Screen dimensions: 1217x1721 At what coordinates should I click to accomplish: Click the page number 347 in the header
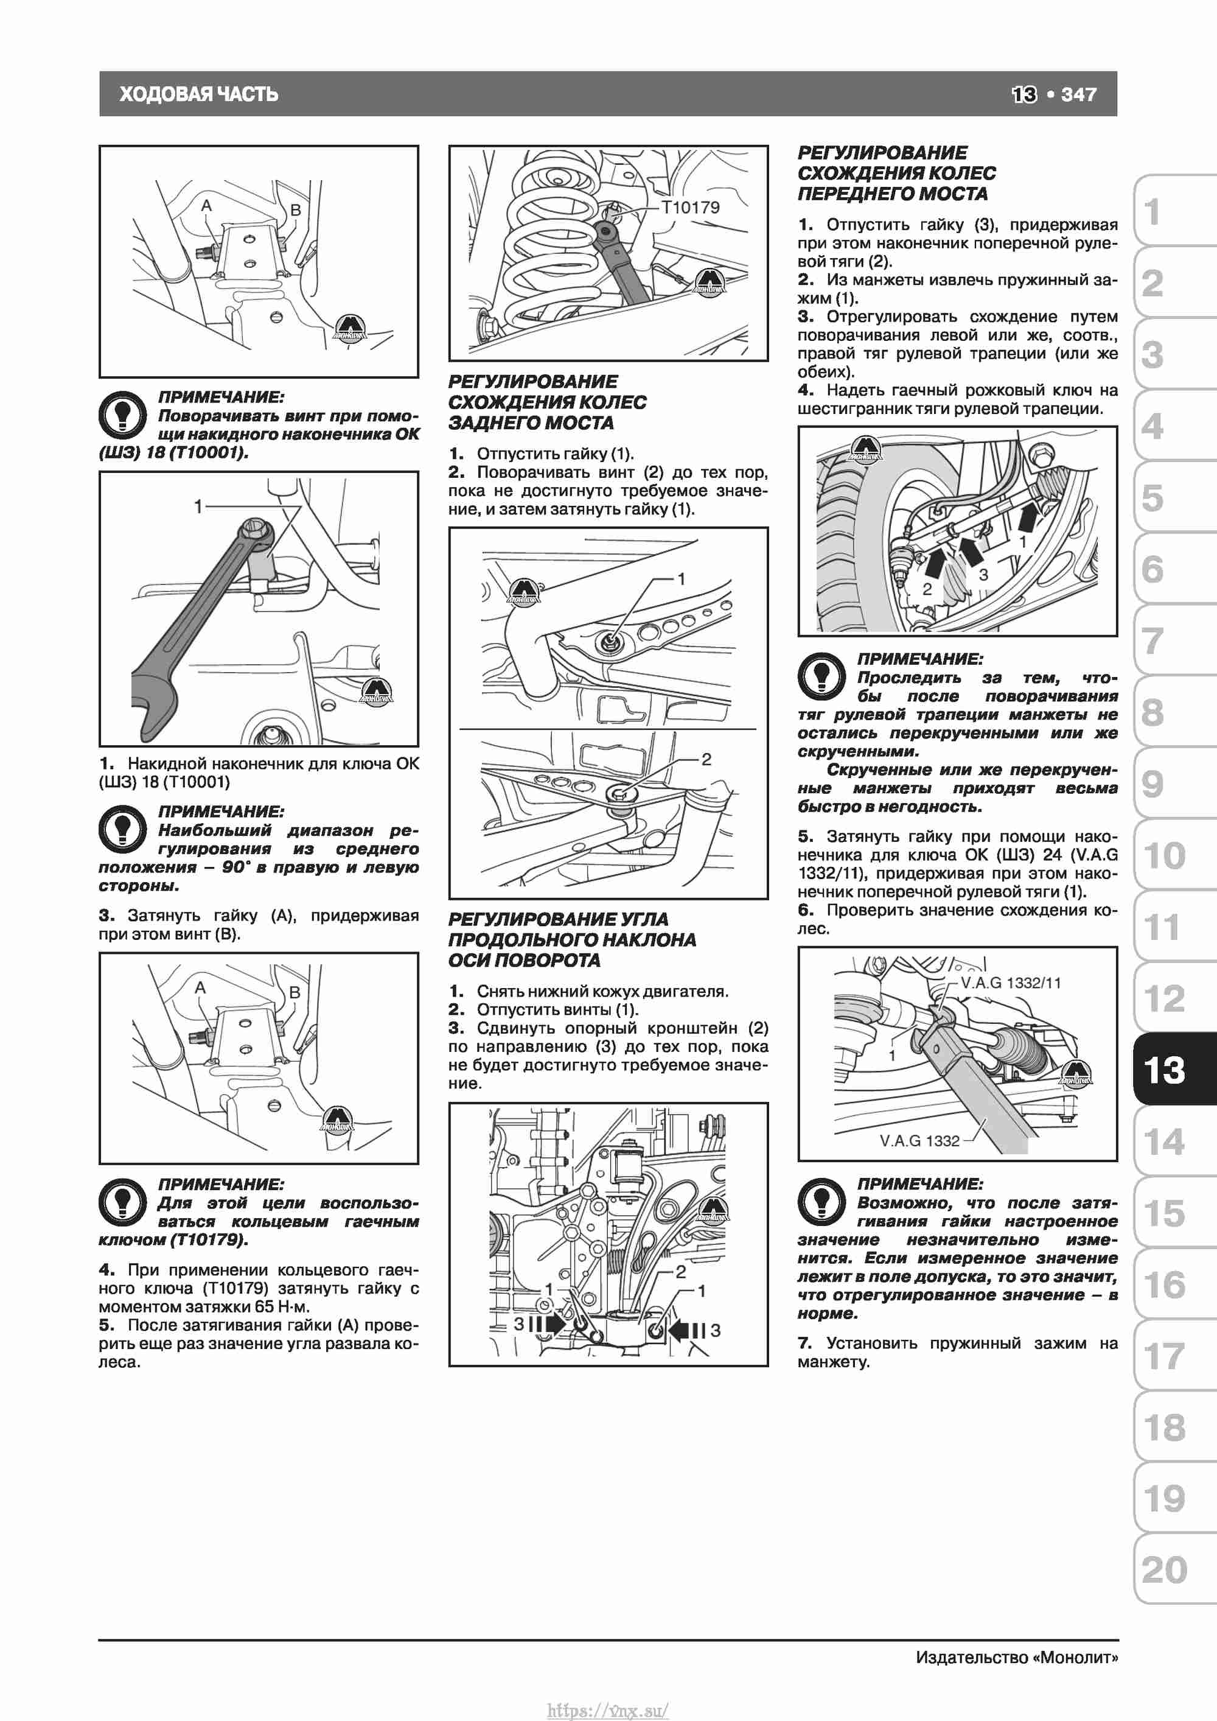pos(1078,94)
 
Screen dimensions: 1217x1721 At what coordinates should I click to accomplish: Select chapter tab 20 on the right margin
pos(1165,1569)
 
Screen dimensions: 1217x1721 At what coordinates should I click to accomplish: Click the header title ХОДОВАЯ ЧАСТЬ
pos(198,94)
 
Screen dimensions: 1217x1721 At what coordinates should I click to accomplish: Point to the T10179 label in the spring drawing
pos(690,207)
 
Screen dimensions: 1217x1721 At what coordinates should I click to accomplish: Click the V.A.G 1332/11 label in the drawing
pos(1011,983)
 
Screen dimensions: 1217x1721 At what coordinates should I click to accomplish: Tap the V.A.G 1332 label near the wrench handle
pos(919,1141)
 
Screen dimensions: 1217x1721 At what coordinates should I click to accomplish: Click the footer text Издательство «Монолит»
pos(1017,1657)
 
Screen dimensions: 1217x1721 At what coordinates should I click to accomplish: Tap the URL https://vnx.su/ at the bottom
pos(608,1710)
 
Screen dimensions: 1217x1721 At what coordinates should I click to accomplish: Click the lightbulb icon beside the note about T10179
pos(122,1202)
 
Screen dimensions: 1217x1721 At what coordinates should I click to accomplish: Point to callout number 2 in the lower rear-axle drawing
pos(706,759)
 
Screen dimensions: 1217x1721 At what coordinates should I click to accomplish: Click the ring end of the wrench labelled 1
pos(257,538)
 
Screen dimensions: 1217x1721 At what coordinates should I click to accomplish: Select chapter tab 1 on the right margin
pos(1154,212)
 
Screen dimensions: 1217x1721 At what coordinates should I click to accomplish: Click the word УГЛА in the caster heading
pos(649,919)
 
